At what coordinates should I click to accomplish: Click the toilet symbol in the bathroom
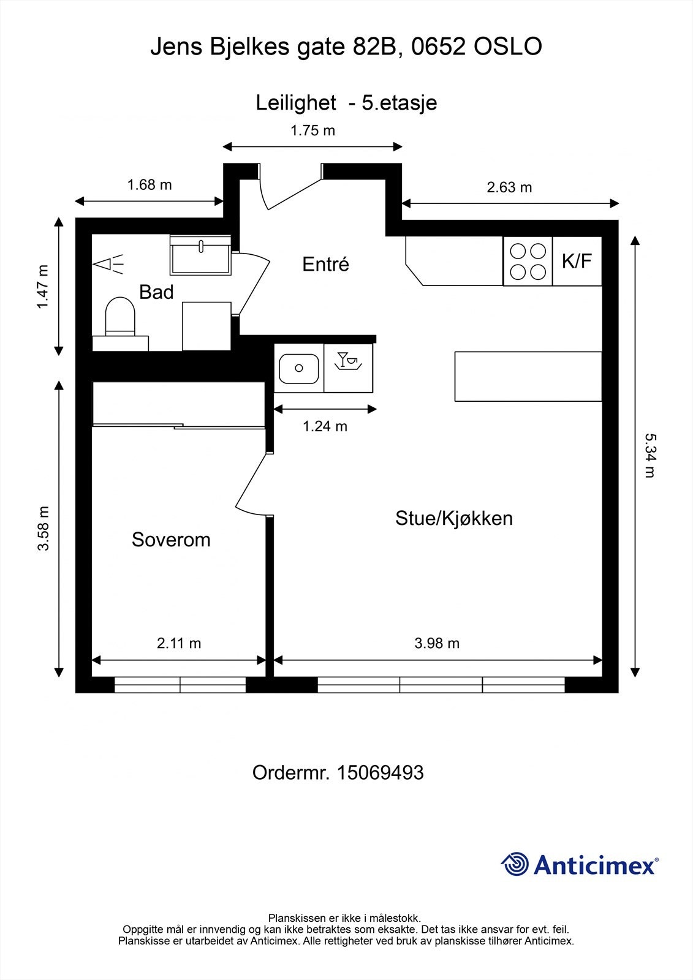(x=119, y=317)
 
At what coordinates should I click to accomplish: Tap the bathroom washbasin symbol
(x=200, y=255)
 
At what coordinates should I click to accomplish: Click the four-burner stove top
(x=528, y=262)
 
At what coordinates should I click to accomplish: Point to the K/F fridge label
(x=577, y=262)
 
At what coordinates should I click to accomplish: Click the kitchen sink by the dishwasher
(x=298, y=368)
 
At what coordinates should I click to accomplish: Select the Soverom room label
(x=171, y=540)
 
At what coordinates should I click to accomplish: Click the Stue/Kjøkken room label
(x=453, y=518)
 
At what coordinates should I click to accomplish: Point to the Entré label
(x=325, y=264)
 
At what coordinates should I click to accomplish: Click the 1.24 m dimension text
(x=325, y=426)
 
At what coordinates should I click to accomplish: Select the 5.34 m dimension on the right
(x=649, y=455)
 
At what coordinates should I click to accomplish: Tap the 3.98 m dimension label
(x=437, y=643)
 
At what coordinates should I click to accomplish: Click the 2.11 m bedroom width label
(x=179, y=643)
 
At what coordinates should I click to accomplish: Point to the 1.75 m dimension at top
(x=312, y=130)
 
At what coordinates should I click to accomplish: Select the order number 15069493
(x=380, y=772)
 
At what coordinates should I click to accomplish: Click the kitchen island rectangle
(x=528, y=376)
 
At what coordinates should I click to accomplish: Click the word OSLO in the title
(x=508, y=47)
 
